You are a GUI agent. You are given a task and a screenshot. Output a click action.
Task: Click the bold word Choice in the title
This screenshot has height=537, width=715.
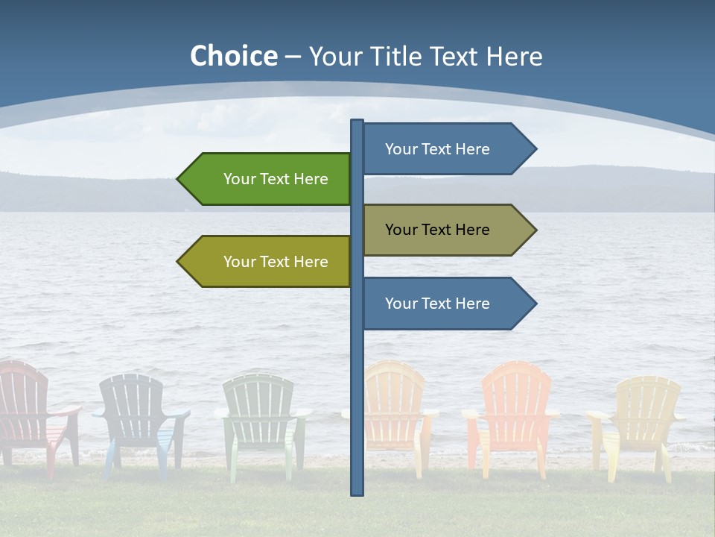233,56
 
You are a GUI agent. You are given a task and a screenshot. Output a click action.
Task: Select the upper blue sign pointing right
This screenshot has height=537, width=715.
439,149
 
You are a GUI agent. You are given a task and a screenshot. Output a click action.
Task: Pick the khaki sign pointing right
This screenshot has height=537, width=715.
439,230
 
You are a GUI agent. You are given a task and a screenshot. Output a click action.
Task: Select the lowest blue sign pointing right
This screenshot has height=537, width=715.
439,304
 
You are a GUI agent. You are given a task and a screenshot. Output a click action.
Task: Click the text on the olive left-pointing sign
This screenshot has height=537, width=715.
276,262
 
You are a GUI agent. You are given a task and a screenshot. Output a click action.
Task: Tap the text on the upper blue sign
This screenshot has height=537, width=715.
437,149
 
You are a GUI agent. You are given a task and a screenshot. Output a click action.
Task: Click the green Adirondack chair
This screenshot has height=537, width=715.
261,418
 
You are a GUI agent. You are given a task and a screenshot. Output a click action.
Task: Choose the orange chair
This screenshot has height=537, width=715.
514,410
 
